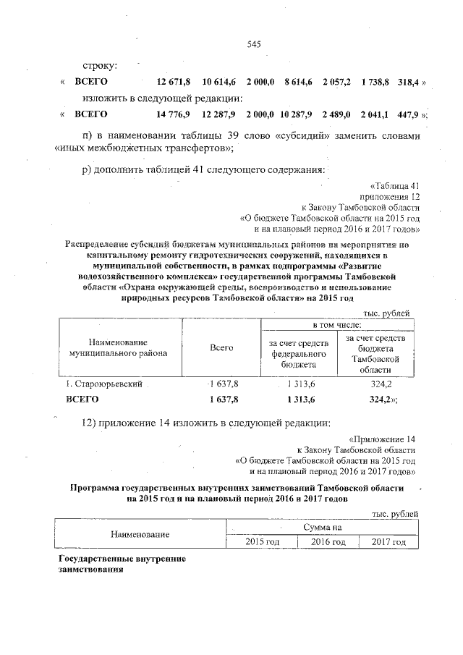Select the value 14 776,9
[x=174, y=114]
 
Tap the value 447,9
[x=409, y=114]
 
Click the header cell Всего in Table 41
[x=221, y=348]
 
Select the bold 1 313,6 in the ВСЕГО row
[x=297, y=398]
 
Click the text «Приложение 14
[x=383, y=439]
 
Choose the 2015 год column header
[x=263, y=542]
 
